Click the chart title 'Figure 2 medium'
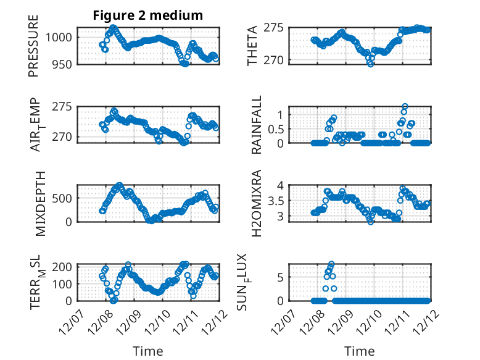[148, 15]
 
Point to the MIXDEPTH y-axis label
[41, 203]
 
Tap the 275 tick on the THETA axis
[275, 28]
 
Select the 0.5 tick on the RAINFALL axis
[274, 128]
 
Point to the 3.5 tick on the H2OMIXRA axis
[275, 201]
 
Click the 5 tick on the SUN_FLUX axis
[280, 277]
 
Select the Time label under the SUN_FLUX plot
[359, 351]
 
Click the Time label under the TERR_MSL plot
[148, 351]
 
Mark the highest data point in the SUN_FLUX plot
[331, 264]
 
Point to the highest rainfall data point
[405, 106]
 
